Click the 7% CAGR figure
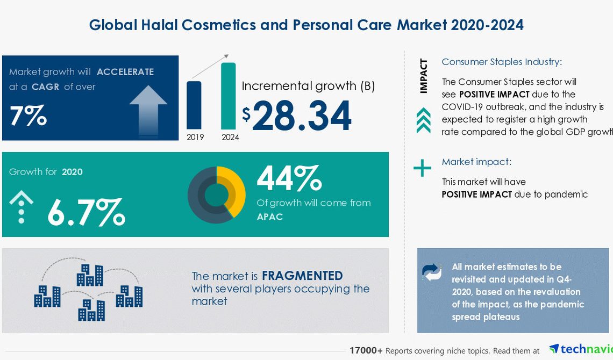[x=28, y=116]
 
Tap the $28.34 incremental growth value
[x=297, y=116]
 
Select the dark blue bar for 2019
[x=194, y=105]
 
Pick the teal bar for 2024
[x=229, y=96]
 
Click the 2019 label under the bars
[x=195, y=137]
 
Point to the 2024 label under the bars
[x=230, y=137]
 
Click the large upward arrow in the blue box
[x=148, y=111]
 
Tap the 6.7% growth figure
[x=87, y=212]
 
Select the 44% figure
[x=289, y=178]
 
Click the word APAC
[x=270, y=217]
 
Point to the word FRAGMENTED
[x=302, y=276]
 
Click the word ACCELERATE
[x=125, y=72]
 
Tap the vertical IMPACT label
[x=423, y=76]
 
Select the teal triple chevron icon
[x=424, y=121]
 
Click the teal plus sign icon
[x=422, y=168]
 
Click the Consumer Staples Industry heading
[x=502, y=62]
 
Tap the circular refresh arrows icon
[x=432, y=272]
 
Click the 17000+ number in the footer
[x=366, y=351]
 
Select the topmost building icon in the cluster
[x=90, y=275]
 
